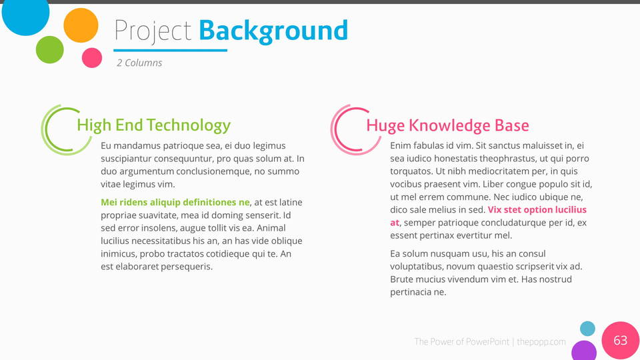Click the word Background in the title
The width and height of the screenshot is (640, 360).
(x=273, y=32)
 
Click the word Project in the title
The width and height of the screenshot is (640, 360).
(x=153, y=31)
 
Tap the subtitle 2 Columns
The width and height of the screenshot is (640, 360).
(x=139, y=63)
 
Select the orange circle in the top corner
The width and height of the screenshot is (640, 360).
(x=81, y=25)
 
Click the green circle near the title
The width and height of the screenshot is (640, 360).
(x=50, y=50)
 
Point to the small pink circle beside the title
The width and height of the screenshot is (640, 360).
(x=92, y=57)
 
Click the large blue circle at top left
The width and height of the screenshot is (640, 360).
(x=26, y=12)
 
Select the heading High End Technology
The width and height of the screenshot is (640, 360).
(x=154, y=125)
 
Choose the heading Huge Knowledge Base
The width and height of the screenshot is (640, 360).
(x=447, y=125)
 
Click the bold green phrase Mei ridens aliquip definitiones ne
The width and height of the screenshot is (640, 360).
(x=175, y=202)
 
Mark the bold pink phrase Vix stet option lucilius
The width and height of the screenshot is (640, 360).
(x=537, y=209)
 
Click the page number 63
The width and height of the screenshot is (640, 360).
(x=621, y=340)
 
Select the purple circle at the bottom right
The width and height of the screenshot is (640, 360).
(x=584, y=351)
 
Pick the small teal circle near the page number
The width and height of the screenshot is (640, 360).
(x=588, y=329)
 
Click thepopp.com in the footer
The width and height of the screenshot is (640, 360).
(x=541, y=341)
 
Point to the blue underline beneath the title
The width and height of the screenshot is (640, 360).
(x=170, y=50)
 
